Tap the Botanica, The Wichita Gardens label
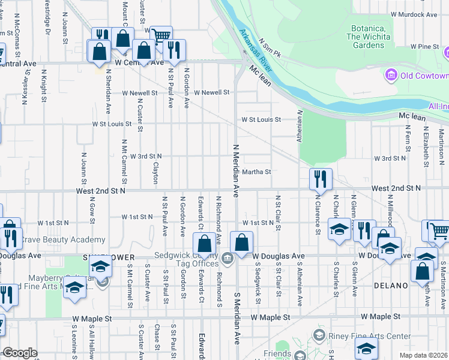(x=368, y=37)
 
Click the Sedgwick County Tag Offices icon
(x=228, y=259)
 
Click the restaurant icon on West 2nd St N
(x=320, y=178)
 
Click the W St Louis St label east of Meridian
(x=261, y=119)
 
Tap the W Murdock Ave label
(x=414, y=14)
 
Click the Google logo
(x=19, y=353)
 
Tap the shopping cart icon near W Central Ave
(x=160, y=37)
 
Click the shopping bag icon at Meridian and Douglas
(x=241, y=243)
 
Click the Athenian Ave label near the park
(x=298, y=125)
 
